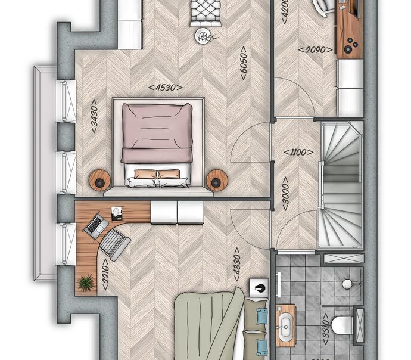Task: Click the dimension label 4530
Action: coord(166,87)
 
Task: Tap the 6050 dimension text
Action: coord(244,63)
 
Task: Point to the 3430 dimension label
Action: coord(94,116)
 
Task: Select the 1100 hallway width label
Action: coord(298,152)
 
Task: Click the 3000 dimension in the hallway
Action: coord(285,194)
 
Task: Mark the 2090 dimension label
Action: coord(315,49)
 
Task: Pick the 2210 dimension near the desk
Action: coord(105,274)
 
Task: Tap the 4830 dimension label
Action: coord(236,264)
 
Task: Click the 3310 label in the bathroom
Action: coord(326,329)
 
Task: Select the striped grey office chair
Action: coord(115,245)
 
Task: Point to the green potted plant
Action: coord(85,283)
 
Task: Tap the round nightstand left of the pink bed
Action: coord(99,179)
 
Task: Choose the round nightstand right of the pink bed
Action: coord(217,179)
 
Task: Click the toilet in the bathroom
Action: coord(342,325)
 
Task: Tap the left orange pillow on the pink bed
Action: coord(145,174)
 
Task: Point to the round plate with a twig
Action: coord(203,36)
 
